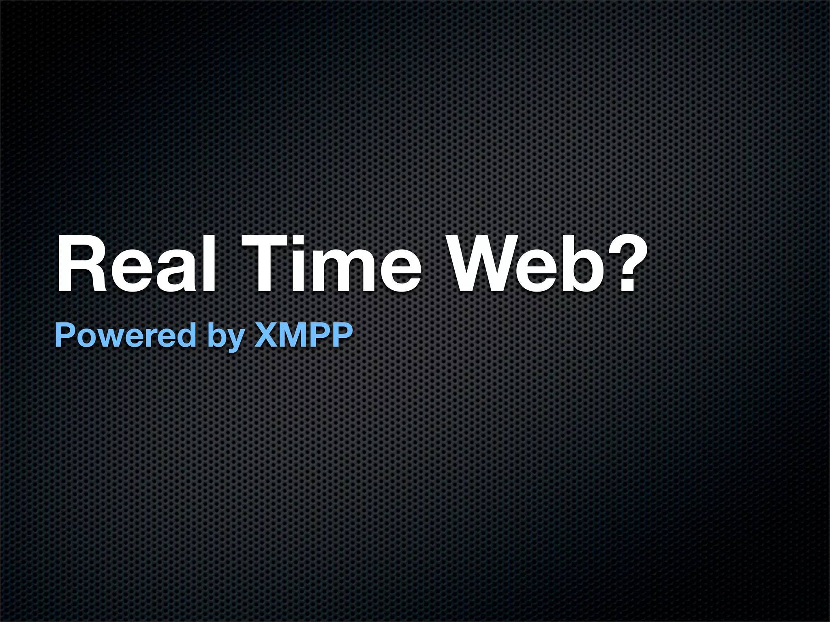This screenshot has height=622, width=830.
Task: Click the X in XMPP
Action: [x=266, y=335]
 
